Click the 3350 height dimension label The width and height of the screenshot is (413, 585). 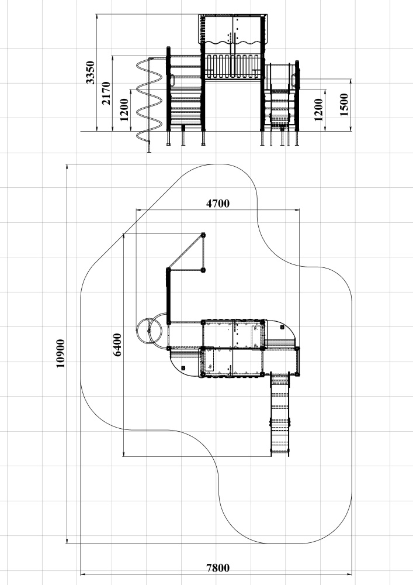91,73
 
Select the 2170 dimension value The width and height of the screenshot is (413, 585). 106,93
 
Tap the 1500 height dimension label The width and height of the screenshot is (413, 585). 344,105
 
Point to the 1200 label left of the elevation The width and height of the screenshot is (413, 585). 124,110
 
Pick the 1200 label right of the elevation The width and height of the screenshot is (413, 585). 318,110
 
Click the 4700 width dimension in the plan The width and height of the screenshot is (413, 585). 218,204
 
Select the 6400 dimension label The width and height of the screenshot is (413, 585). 117,345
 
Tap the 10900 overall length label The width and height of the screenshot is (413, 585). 60,353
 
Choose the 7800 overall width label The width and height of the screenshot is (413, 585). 218,568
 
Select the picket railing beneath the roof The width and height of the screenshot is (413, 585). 232,67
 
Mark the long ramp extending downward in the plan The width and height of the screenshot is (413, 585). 280,415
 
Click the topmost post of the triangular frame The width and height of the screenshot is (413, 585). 203,235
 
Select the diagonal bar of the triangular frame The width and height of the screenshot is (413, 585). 186,252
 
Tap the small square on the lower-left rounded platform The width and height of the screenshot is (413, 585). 183,368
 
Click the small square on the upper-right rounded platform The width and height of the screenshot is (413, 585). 281,327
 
